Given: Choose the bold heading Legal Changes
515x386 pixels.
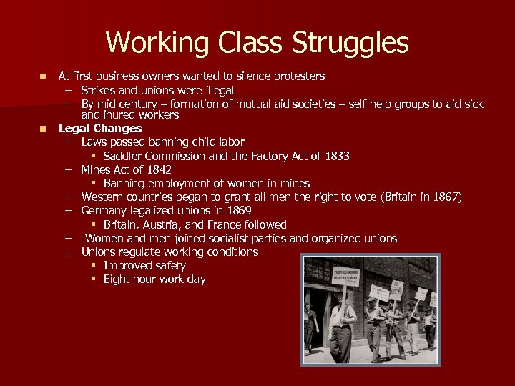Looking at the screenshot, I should click(100, 129).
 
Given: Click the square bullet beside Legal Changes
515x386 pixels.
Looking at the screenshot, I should click(44, 129).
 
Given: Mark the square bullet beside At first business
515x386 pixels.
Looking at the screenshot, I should click(44, 76).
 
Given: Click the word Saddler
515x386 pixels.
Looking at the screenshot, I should click(124, 156).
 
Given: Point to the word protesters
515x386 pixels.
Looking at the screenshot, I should click(296, 76).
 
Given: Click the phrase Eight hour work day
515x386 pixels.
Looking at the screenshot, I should click(154, 279).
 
